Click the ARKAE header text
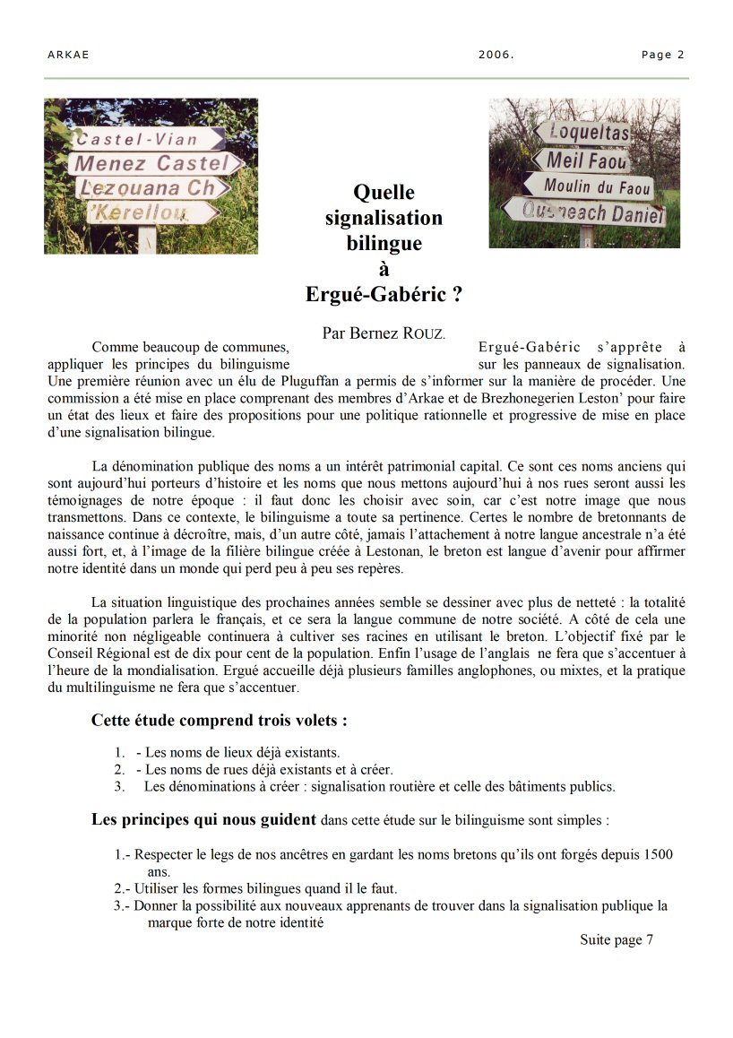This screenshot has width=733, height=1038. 68,55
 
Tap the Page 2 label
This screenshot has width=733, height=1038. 662,55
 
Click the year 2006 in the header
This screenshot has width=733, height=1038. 496,55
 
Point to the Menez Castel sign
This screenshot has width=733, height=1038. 153,163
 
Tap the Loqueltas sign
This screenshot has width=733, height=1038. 587,133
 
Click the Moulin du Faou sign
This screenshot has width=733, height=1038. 592,186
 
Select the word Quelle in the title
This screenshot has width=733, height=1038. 384,192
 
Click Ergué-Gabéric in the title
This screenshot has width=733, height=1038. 384,294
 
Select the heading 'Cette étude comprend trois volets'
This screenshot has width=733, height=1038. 220,721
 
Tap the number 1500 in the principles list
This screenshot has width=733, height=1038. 658,854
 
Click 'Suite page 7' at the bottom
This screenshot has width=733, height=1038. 617,939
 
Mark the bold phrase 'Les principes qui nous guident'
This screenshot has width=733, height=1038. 204,819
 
